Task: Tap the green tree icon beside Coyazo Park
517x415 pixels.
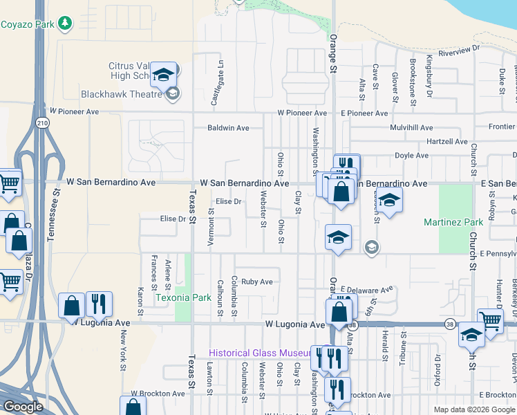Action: click(65, 24)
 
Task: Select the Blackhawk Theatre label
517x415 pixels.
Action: click(120, 94)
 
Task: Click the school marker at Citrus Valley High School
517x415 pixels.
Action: click(164, 74)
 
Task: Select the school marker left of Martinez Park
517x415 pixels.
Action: click(390, 201)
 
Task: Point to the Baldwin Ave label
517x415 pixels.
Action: click(228, 128)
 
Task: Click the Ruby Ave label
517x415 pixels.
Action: click(256, 282)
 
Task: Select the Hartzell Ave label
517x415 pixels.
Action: click(447, 142)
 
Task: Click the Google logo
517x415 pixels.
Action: click(23, 407)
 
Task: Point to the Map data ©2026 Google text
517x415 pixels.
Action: click(473, 409)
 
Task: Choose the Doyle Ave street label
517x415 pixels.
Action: click(411, 156)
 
